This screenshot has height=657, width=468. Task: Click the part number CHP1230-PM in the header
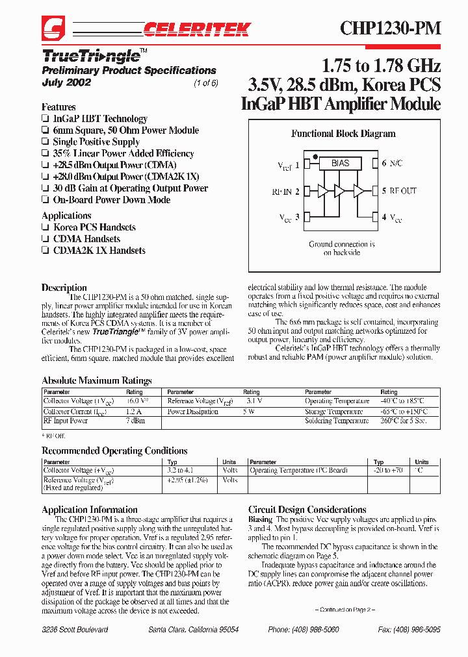point(390,29)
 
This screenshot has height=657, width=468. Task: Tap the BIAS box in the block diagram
point(340,164)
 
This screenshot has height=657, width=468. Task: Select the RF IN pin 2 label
point(285,192)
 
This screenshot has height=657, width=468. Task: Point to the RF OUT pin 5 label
point(399,191)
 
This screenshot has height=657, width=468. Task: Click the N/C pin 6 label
point(392,164)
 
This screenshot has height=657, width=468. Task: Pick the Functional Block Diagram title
point(343,134)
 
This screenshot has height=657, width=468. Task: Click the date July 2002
point(66,82)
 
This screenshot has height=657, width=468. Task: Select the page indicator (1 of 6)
point(206,82)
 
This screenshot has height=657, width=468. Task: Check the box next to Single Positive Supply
point(45,142)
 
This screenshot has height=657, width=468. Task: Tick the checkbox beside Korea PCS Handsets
point(45,228)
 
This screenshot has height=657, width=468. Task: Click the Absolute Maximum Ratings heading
point(96,380)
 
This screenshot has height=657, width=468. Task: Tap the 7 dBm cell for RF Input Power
point(135,421)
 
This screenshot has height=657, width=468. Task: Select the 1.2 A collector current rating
point(134,412)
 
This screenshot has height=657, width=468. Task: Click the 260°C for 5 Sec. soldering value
point(402,421)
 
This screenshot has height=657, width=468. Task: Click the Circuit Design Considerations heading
point(307,510)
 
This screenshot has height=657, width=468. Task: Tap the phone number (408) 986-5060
point(296,630)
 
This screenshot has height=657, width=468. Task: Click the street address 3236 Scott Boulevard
point(75,630)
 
